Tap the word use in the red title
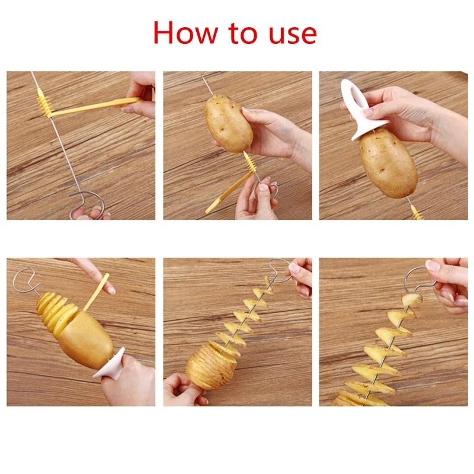coord(291,34)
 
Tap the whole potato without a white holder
coord(229,123)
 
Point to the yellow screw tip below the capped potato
coord(417,212)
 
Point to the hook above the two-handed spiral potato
coord(280,267)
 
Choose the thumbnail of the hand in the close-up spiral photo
coord(433,266)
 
